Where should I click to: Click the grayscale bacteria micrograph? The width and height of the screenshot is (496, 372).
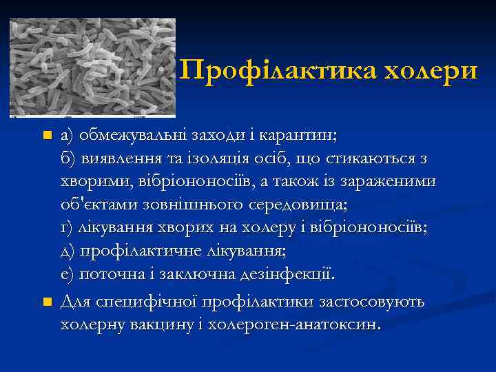click(x=92, y=67)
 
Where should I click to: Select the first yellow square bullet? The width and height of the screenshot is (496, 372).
click(x=47, y=136)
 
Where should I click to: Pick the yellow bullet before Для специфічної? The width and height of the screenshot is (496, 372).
click(x=47, y=302)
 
